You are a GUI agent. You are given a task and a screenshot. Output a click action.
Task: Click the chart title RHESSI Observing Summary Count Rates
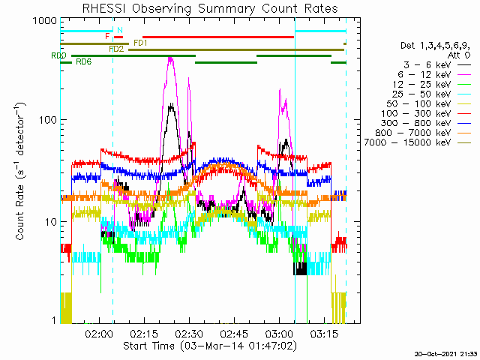pos(210,8)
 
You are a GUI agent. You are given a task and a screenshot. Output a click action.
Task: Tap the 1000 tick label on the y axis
pos(45,21)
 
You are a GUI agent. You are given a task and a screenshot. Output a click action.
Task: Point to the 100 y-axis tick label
pos(48,120)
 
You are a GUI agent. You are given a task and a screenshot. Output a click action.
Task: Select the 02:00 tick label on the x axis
pos(99,333)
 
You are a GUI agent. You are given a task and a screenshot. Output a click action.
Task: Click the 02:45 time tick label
pos(234,333)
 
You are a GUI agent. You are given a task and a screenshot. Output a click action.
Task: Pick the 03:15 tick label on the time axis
pos(324,333)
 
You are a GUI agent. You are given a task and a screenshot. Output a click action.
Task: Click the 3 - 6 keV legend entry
pos(427,65)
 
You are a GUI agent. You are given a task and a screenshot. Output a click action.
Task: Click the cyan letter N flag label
pos(120,30)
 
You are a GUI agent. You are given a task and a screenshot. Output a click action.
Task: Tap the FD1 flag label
pos(140,43)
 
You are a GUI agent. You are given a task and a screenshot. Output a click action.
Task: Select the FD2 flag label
pos(116,49)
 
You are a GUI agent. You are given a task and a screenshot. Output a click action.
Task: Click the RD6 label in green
pos(83,61)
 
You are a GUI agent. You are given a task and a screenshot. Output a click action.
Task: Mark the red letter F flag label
pos(107,37)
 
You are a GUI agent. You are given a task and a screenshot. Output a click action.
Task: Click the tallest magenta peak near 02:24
pos(170,58)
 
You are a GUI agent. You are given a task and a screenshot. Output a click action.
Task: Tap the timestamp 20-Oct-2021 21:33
pos(445,354)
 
